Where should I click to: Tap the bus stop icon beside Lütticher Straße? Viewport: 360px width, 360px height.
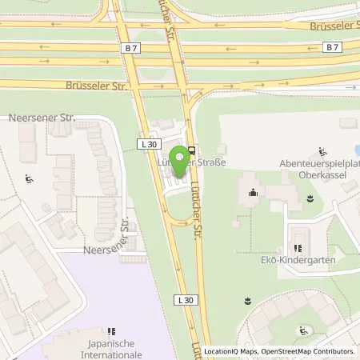193,149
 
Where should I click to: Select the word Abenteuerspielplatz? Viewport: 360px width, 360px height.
317,163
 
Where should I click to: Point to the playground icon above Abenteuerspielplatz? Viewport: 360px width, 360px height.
322,151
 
